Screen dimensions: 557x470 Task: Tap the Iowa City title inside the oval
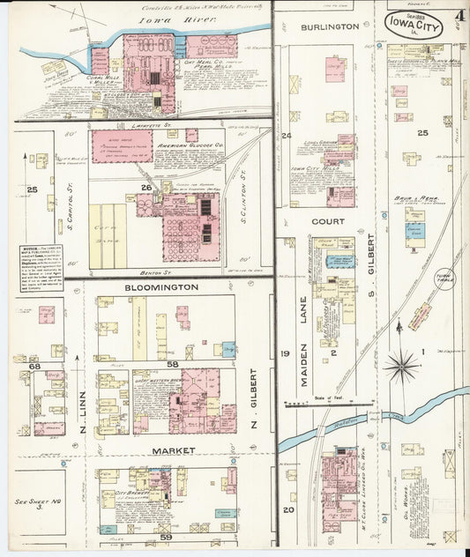414,23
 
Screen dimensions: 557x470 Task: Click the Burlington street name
330,27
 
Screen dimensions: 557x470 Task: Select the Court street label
327,221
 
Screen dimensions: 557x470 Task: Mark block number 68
35,366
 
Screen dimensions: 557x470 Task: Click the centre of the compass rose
401,363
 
